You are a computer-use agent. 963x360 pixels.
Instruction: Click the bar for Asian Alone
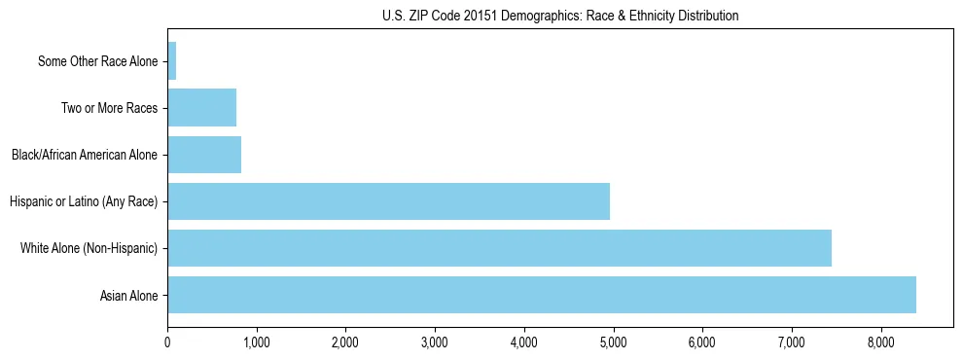point(542,295)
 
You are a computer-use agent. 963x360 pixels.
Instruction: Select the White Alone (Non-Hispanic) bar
point(499,248)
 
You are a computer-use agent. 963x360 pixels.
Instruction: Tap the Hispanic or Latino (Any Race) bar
point(388,201)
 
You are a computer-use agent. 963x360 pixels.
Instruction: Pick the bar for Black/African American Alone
point(204,155)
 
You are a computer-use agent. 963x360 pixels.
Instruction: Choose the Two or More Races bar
point(201,108)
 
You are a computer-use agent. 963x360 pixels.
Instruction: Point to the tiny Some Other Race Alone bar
point(172,61)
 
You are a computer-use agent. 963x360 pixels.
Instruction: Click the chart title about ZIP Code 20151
point(560,16)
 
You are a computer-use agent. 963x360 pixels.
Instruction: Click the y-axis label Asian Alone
point(128,296)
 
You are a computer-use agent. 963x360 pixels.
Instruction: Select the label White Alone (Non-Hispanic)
point(89,249)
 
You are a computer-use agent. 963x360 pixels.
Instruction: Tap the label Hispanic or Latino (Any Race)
point(83,202)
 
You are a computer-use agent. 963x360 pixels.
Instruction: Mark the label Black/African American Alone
point(84,156)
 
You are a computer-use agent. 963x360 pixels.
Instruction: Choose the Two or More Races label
point(109,108)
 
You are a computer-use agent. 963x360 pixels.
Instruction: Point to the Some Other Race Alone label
point(97,61)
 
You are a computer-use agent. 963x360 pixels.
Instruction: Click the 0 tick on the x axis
point(167,342)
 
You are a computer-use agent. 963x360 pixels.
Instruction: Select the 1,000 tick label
point(257,342)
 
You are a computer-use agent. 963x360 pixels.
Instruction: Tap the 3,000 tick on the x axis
point(435,342)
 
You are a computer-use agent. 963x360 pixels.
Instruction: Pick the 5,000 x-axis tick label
point(613,342)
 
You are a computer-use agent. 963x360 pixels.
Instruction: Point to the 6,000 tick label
point(702,342)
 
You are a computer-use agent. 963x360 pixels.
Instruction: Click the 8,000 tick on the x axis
point(880,342)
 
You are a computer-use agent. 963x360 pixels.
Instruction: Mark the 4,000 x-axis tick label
point(524,342)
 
